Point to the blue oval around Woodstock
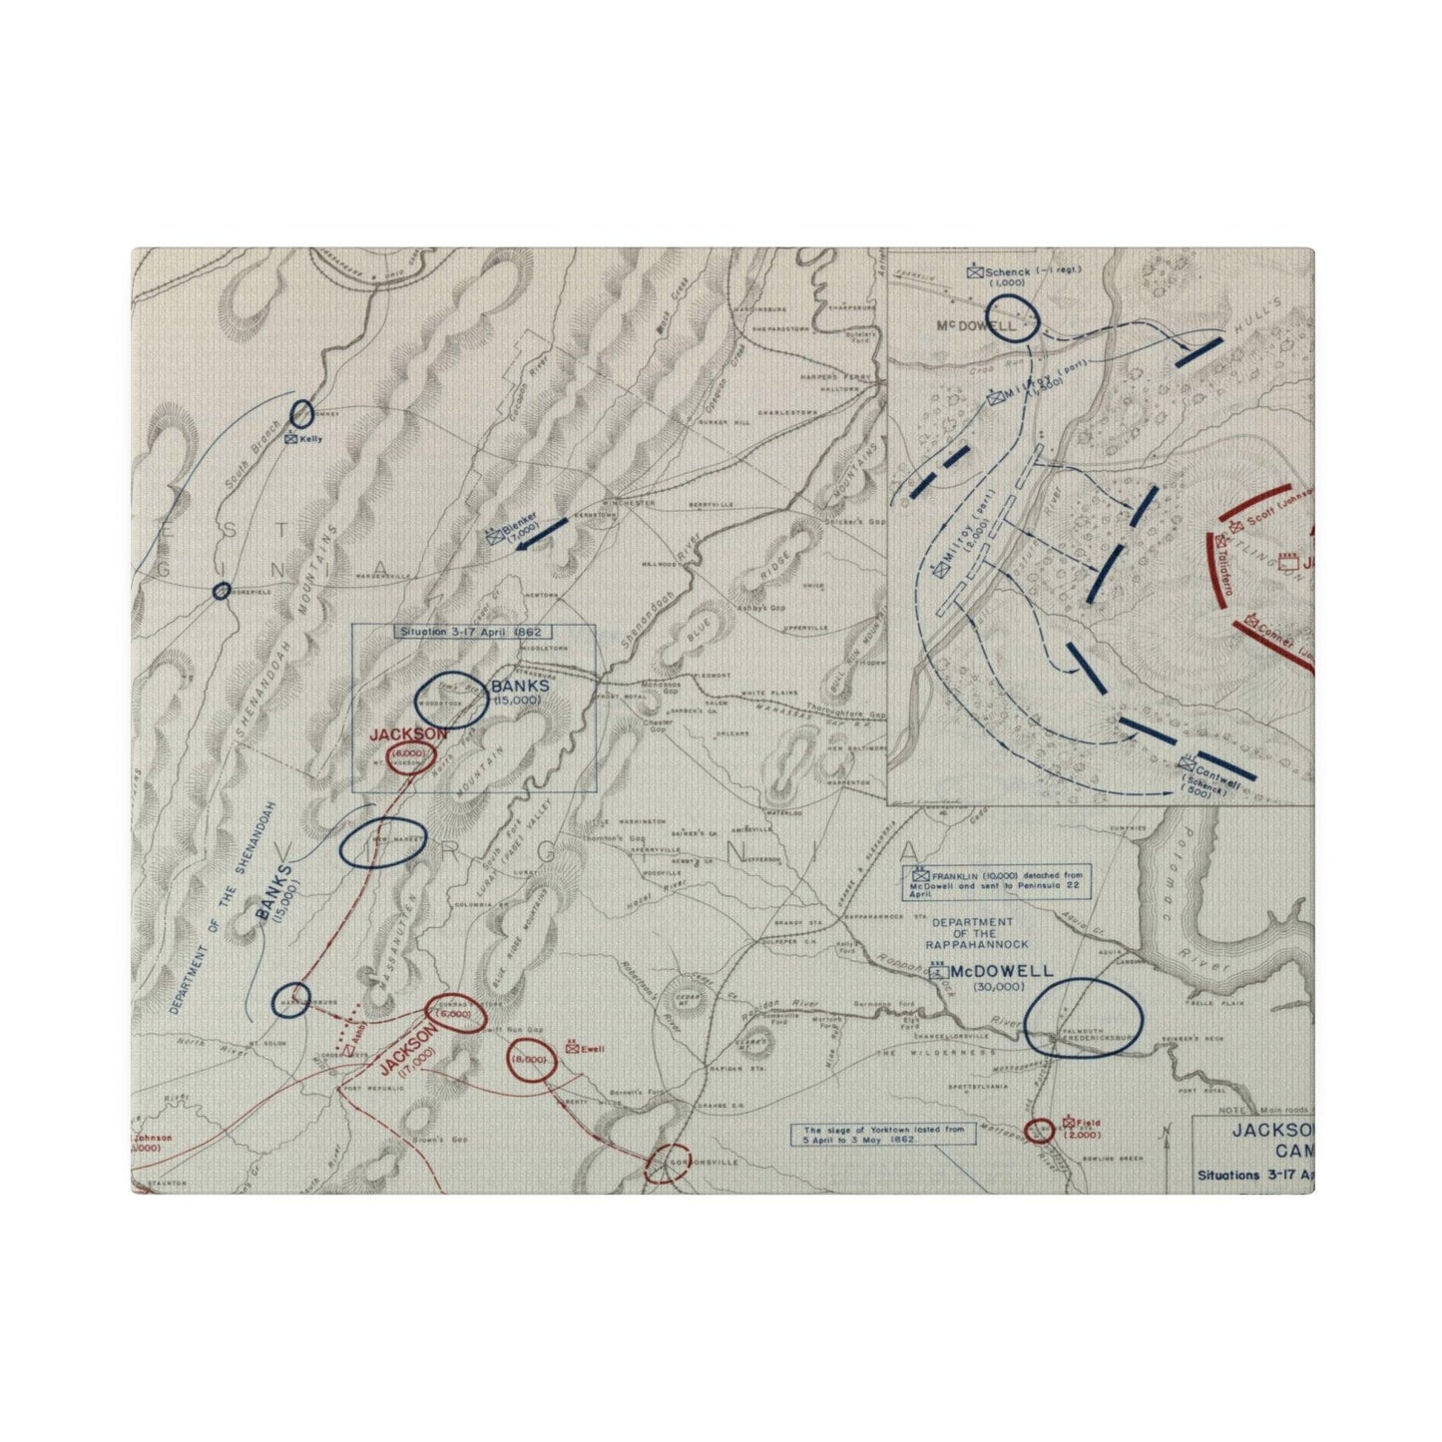(x=451, y=700)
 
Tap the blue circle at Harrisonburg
(x=290, y=999)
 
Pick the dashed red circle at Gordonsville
(x=668, y=1165)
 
